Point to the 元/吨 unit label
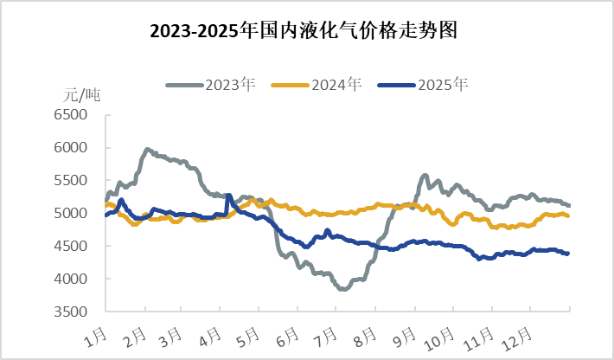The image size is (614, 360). (x=82, y=95)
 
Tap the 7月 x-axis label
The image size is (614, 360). (x=323, y=334)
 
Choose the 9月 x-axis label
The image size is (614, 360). (x=401, y=334)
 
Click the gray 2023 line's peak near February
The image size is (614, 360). (x=147, y=150)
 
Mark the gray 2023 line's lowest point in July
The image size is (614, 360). (x=343, y=289)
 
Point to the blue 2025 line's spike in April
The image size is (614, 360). (x=228, y=196)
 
